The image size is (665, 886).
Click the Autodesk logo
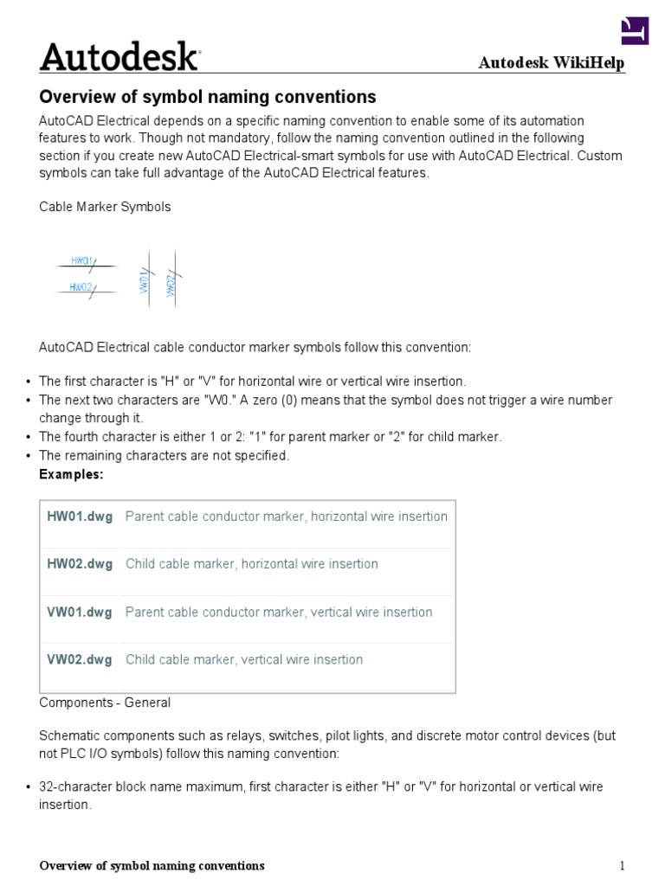pos(119,57)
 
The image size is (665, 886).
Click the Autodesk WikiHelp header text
pos(552,64)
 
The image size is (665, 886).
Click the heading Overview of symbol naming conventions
pos(208,96)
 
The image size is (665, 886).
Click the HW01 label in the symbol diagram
pos(82,260)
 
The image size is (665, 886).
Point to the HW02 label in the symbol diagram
pos(81,286)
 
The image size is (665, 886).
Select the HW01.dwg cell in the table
pos(80,517)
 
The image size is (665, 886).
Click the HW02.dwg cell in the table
pos(80,564)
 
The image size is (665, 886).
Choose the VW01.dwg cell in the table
pos(80,612)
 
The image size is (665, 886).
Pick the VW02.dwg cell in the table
pos(80,659)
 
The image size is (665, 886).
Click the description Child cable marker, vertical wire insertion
pos(244,659)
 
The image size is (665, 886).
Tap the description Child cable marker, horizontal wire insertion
pos(252,564)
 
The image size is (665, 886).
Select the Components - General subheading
pos(105,703)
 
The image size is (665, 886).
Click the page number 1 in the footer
pos(621,866)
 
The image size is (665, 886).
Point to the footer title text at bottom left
pos(152,866)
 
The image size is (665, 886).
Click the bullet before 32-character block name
pos(29,787)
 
